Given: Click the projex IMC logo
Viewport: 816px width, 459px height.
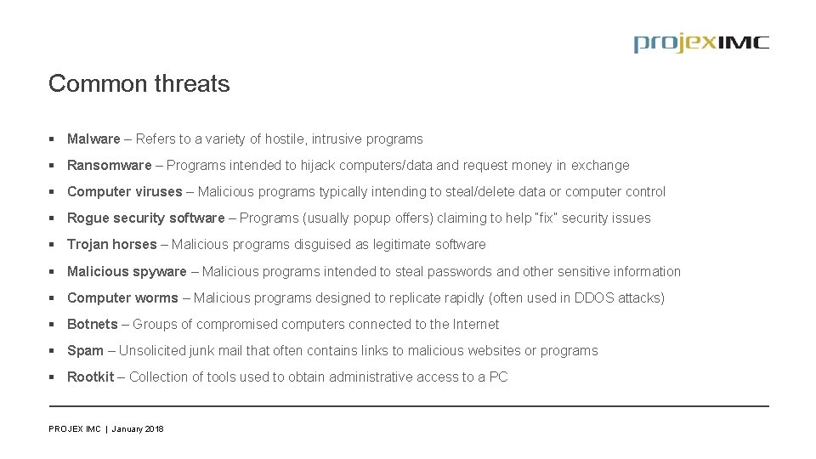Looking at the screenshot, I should [x=700, y=43].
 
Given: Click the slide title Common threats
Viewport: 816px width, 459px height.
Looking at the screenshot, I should [x=139, y=84].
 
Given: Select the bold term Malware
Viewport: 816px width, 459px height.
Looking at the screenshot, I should [x=93, y=139].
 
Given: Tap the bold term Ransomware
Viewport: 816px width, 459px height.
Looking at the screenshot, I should [x=109, y=165].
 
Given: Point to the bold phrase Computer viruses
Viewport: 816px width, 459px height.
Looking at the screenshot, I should [x=124, y=191].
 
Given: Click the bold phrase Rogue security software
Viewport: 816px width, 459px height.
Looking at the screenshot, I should [x=145, y=218].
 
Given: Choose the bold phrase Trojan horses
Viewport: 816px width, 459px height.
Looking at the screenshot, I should [x=111, y=245].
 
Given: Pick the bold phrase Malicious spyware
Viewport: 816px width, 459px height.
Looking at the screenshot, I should [x=127, y=271].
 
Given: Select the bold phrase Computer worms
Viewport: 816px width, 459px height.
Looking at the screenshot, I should [x=122, y=297].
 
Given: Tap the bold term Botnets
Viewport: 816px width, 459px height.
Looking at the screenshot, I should [x=92, y=324].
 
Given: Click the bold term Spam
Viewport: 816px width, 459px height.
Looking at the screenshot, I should [x=85, y=350].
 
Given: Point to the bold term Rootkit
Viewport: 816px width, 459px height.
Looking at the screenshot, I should [x=90, y=377].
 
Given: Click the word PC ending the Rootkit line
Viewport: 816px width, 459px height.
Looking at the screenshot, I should [x=498, y=377].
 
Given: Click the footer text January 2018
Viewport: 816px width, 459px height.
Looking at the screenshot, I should [x=138, y=429].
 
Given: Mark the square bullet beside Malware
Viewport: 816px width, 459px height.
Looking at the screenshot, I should [x=53, y=139].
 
